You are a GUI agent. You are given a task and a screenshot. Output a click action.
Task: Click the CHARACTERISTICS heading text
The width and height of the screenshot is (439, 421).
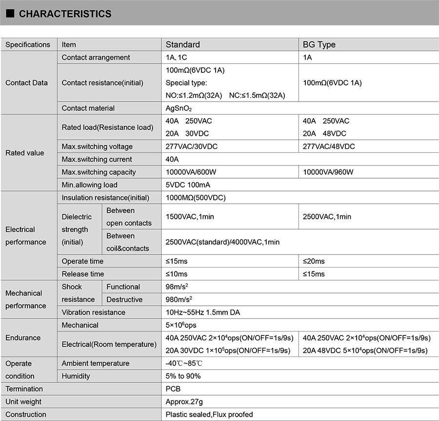coord(65,14)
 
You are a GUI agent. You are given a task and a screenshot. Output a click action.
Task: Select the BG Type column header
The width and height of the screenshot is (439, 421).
coord(319,44)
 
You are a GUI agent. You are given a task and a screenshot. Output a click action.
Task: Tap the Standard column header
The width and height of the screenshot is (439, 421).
coord(183,44)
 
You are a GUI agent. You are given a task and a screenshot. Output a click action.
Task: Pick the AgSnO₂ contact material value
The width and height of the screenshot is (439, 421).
coord(182,108)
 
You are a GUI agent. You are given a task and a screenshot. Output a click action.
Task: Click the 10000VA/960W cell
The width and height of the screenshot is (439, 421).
coord(328,172)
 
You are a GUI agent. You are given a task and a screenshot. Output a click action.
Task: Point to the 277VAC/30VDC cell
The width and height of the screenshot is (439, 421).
coord(192,147)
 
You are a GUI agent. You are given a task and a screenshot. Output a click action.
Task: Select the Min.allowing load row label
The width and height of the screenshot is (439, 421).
coord(89,185)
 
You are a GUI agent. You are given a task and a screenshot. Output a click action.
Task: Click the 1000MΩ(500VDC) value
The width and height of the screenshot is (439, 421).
coord(196,198)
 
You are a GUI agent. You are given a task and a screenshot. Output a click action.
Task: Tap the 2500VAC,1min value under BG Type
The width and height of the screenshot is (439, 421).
coord(327,216)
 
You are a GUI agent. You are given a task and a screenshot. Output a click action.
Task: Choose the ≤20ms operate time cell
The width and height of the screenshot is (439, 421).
coord(314,261)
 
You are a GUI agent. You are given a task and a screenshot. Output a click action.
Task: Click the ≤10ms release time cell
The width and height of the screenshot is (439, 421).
coord(177,274)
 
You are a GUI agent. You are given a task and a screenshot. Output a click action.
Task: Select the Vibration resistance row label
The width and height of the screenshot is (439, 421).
coord(93,312)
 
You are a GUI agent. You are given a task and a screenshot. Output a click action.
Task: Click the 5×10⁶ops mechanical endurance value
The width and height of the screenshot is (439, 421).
coord(181,325)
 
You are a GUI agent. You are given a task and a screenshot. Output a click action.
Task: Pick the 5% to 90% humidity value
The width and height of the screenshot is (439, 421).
coord(183,376)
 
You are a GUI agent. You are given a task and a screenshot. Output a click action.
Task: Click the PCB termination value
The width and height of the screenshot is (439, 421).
coord(173,389)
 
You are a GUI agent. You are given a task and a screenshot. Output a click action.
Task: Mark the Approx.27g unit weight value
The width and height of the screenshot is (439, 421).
coord(184,401)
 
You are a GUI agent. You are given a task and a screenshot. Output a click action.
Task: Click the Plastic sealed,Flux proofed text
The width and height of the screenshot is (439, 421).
coord(209,414)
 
